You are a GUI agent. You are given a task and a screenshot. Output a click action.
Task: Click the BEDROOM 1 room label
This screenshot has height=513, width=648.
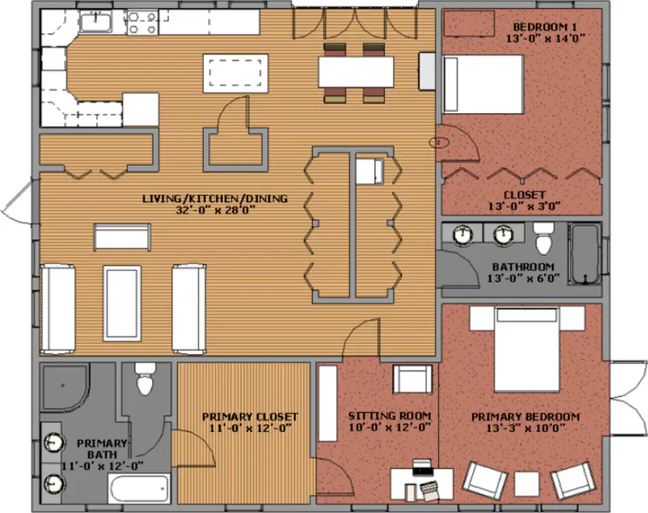pyautogui.click(x=545, y=27)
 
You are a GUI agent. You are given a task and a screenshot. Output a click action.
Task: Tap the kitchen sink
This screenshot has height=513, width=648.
pyautogui.click(x=96, y=22)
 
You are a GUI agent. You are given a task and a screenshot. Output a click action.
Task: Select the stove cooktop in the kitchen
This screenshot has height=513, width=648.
pyautogui.click(x=142, y=22)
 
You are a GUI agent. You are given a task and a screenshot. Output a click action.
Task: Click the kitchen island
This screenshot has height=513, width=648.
pyautogui.click(x=235, y=73)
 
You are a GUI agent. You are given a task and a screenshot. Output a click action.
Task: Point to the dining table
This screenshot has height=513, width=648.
pyautogui.click(x=356, y=72)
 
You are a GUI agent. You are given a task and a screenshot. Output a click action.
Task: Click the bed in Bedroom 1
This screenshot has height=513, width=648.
pyautogui.click(x=483, y=84)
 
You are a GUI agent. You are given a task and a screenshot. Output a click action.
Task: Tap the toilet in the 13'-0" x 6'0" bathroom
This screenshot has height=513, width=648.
pyautogui.click(x=543, y=238)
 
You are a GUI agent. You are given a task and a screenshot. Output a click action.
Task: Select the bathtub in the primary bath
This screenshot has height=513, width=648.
pyautogui.click(x=139, y=489)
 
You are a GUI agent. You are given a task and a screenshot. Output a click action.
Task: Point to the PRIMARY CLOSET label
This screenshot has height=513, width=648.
pyautogui.click(x=250, y=417)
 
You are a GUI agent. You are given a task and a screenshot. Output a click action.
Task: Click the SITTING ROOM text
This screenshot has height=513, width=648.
pyautogui.click(x=390, y=416)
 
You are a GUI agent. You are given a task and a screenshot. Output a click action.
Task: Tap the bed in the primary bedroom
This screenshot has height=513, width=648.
pyautogui.click(x=527, y=349)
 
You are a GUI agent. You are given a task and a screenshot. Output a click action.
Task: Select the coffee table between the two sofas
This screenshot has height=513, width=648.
pyautogui.click(x=122, y=303)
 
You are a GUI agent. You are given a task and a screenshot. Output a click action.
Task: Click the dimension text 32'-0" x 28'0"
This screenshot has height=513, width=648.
pyautogui.click(x=216, y=210)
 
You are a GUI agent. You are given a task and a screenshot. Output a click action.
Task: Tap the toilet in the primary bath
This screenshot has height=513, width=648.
pyautogui.click(x=145, y=378)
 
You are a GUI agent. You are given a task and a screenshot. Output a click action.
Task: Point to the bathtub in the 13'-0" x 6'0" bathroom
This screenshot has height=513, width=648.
pyautogui.click(x=585, y=253)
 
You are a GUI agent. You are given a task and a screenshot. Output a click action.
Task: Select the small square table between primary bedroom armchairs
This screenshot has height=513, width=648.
pyautogui.click(x=526, y=484)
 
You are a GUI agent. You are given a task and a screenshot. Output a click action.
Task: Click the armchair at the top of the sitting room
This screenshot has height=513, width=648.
pyautogui.click(x=413, y=379)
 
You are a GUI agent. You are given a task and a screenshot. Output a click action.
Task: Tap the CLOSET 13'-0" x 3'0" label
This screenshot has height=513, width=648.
pyautogui.click(x=524, y=200)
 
